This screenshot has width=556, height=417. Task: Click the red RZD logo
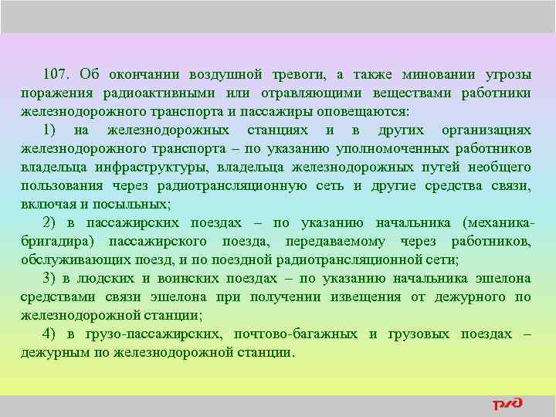point(507,404)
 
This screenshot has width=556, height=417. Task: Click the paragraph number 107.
point(57,75)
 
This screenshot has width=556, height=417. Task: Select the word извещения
point(366,297)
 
